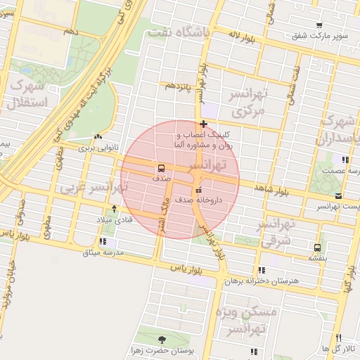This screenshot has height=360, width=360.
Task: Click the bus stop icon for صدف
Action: tap(162, 168)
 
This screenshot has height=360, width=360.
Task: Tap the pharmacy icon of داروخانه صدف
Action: tap(198, 190)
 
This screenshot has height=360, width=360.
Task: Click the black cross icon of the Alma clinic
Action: tap(203, 124)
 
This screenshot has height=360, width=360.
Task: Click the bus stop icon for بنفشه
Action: tap(317, 247)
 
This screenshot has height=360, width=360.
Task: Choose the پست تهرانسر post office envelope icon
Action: tap(339, 195)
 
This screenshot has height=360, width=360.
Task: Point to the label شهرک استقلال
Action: tap(27, 95)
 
